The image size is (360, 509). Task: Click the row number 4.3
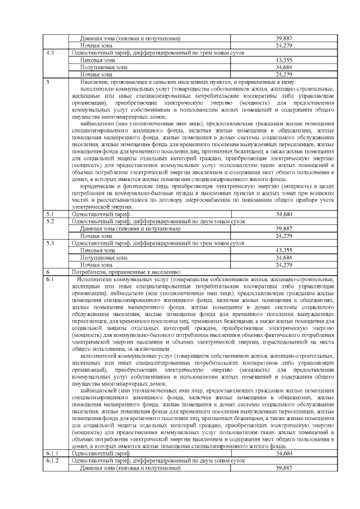tap(51, 52)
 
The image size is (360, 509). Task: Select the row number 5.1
tap(51, 214)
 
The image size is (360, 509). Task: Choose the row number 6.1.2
tap(52, 460)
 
